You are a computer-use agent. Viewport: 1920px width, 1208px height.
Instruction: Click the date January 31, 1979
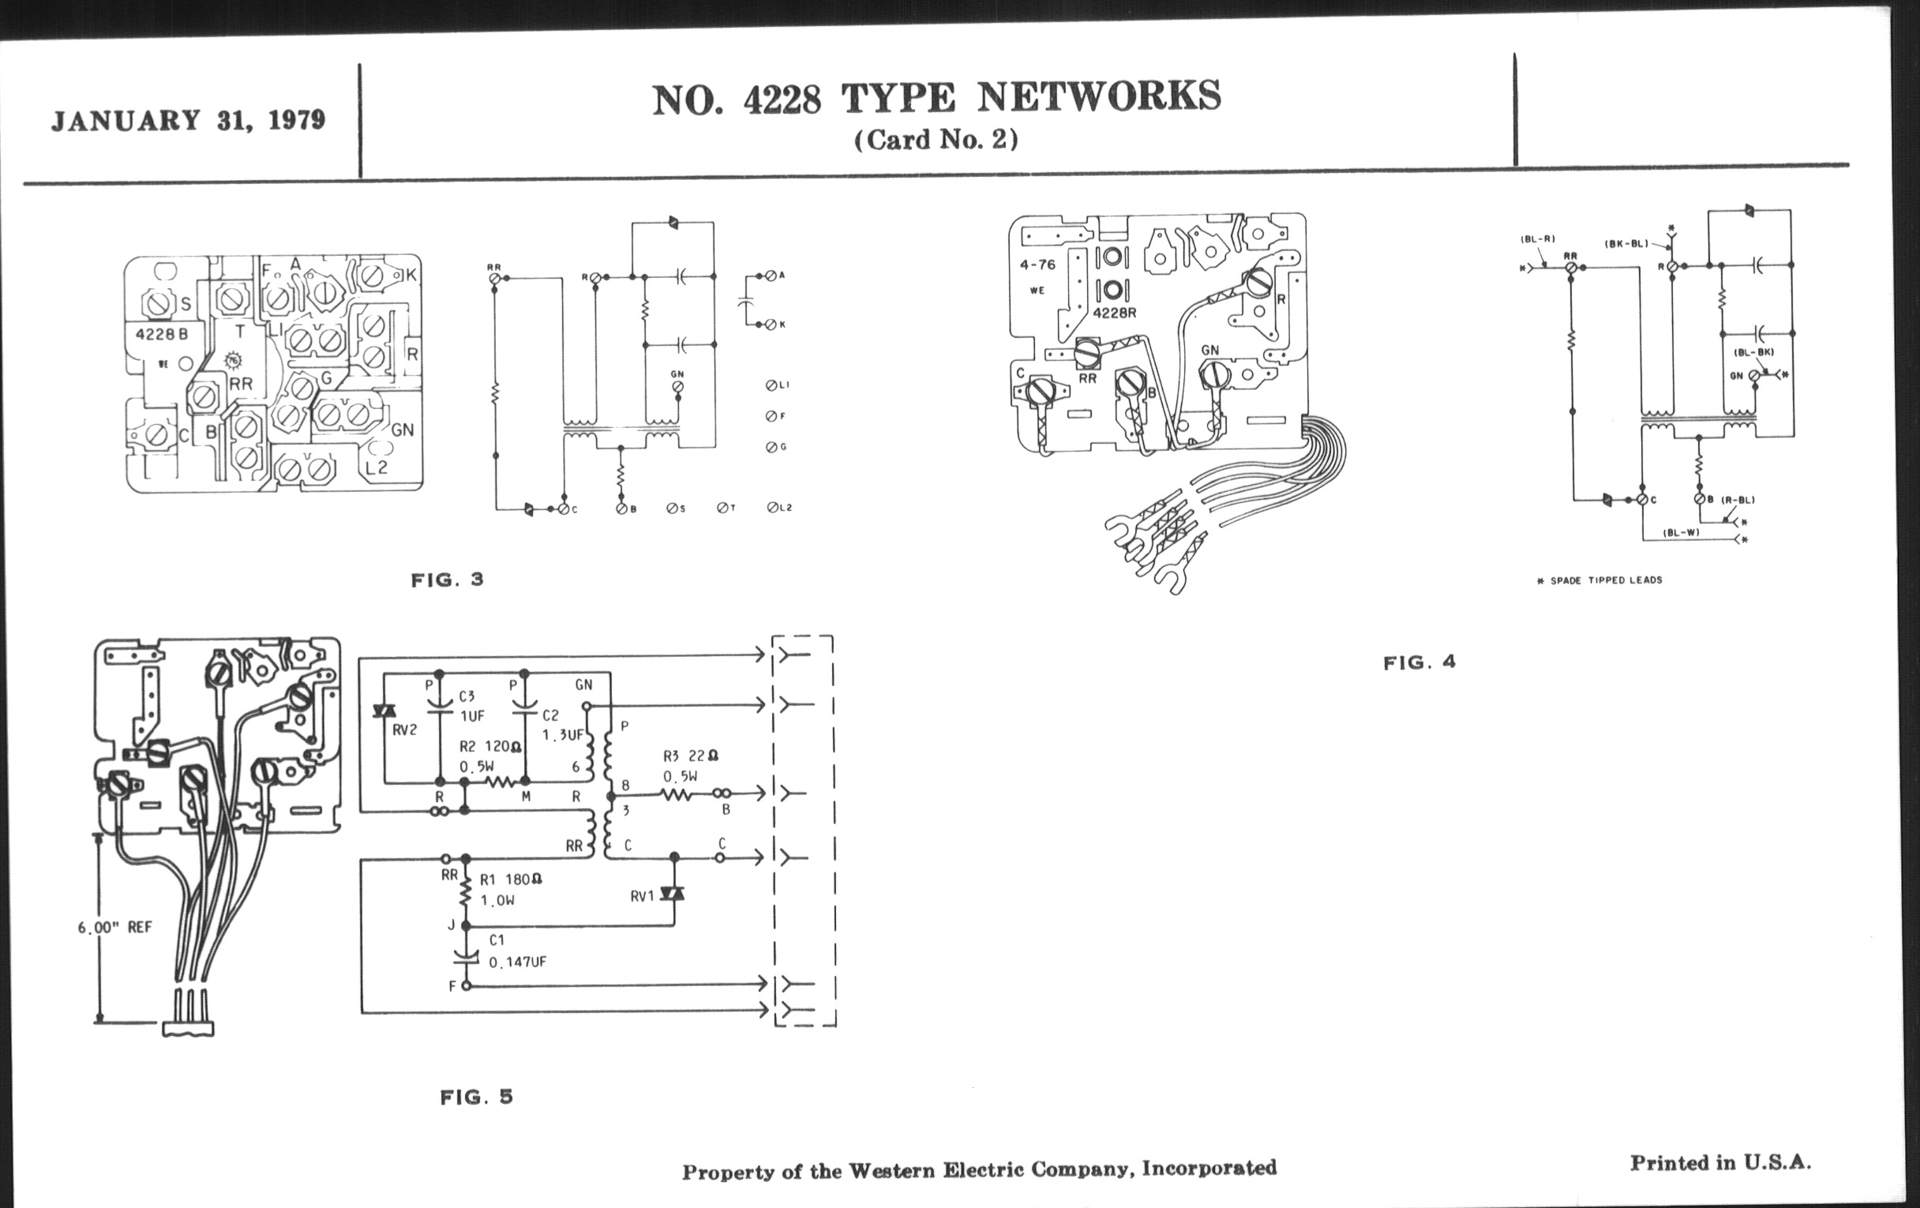188,120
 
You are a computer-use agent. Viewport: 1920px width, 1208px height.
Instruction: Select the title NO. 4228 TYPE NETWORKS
936,98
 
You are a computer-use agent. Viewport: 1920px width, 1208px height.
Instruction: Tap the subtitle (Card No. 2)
936,141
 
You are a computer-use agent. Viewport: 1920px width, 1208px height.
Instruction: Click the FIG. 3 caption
448,580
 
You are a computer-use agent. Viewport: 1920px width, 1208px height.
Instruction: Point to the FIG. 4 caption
1419,662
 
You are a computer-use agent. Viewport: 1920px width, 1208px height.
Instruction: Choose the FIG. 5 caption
476,1097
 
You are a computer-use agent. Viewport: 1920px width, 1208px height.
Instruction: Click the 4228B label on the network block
162,334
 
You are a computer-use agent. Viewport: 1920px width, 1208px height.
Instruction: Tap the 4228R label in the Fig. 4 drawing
1114,313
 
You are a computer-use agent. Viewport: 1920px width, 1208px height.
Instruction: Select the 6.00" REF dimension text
114,928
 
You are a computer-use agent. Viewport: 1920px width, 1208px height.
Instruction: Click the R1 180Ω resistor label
510,880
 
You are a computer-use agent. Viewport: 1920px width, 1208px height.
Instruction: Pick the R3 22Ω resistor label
691,756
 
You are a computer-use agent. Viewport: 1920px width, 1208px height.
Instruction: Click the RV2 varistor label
404,730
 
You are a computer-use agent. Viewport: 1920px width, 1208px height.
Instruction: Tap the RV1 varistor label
642,896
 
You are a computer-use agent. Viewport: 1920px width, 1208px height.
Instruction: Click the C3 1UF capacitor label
471,706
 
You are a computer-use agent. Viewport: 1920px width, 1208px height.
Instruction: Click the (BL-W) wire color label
1681,533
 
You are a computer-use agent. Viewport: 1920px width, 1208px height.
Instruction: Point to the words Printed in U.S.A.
1719,1162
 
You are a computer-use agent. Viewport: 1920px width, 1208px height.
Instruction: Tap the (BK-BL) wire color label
1626,244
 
